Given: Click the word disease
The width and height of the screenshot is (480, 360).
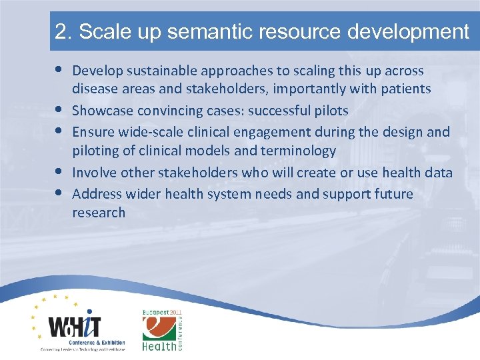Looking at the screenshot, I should [94, 89].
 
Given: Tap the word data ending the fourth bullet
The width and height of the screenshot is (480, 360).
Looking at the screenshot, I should [438, 173].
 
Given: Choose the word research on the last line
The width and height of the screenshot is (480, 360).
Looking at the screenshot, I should [99, 213].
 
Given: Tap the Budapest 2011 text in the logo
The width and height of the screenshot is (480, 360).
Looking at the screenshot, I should [162, 313].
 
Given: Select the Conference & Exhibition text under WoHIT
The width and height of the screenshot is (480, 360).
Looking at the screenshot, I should [83, 341].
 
